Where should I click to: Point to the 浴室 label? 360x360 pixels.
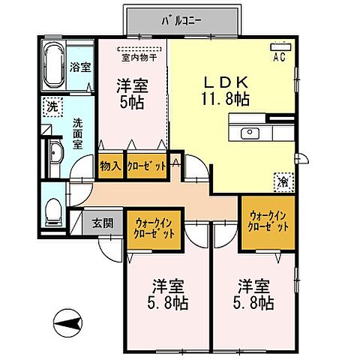(80, 67)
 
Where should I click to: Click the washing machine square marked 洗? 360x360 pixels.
(52, 106)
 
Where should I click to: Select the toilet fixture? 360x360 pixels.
(52, 210)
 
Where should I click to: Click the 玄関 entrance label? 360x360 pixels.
(103, 223)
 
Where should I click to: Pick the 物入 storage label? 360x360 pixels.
(110, 166)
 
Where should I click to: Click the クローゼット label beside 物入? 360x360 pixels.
(146, 166)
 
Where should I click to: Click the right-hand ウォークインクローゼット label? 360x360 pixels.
(268, 222)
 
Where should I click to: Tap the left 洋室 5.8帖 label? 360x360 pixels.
(169, 295)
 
